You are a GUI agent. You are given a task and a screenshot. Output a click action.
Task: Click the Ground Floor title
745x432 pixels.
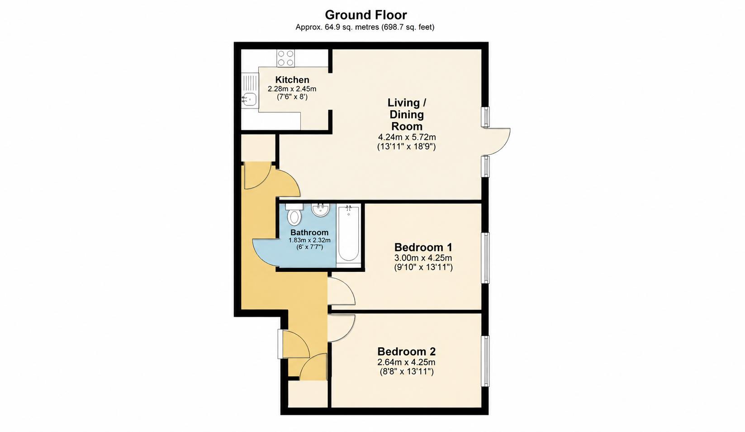[366, 15]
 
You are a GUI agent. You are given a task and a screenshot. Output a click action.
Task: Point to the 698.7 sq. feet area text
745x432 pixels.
[408, 27]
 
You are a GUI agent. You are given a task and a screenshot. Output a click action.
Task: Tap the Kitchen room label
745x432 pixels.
[292, 80]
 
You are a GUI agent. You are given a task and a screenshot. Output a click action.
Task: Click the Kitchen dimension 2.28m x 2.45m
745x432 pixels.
[292, 89]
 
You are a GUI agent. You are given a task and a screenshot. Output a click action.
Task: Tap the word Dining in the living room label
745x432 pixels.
[407, 115]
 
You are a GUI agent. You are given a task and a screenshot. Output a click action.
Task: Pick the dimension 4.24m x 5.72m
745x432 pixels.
[407, 137]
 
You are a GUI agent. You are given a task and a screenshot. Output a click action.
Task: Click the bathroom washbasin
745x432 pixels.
[321, 210]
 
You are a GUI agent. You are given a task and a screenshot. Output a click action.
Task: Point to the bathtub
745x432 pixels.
[348, 234]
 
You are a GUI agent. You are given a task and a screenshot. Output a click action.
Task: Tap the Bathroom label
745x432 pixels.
[309, 233]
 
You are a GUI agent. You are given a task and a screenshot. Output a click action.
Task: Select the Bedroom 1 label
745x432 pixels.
[423, 247]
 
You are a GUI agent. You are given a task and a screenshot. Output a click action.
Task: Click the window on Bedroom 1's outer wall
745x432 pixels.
[486, 258]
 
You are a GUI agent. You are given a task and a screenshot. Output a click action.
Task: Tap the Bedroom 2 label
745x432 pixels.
[406, 351]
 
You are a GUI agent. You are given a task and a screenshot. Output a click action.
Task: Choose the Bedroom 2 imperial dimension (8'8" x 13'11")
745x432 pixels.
[407, 371]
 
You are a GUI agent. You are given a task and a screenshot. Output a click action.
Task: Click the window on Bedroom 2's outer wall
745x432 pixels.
[486, 361]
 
